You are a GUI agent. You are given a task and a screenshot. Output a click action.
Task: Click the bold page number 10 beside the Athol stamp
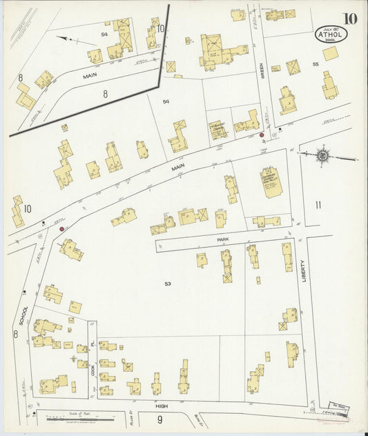(349, 18)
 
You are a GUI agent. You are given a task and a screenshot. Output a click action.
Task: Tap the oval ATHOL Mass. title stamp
(331, 33)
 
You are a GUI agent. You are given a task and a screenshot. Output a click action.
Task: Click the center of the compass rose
(323, 156)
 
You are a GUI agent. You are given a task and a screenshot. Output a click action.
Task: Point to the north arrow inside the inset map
(68, 39)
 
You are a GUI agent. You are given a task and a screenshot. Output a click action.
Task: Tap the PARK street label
(222, 239)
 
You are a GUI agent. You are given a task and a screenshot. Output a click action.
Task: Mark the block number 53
(168, 284)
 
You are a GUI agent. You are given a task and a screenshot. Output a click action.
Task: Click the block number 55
(315, 63)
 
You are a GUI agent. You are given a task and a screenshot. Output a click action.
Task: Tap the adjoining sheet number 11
(318, 204)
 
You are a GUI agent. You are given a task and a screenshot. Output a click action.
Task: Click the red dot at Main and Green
(262, 135)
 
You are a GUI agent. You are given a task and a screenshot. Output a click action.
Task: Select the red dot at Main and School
(62, 228)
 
